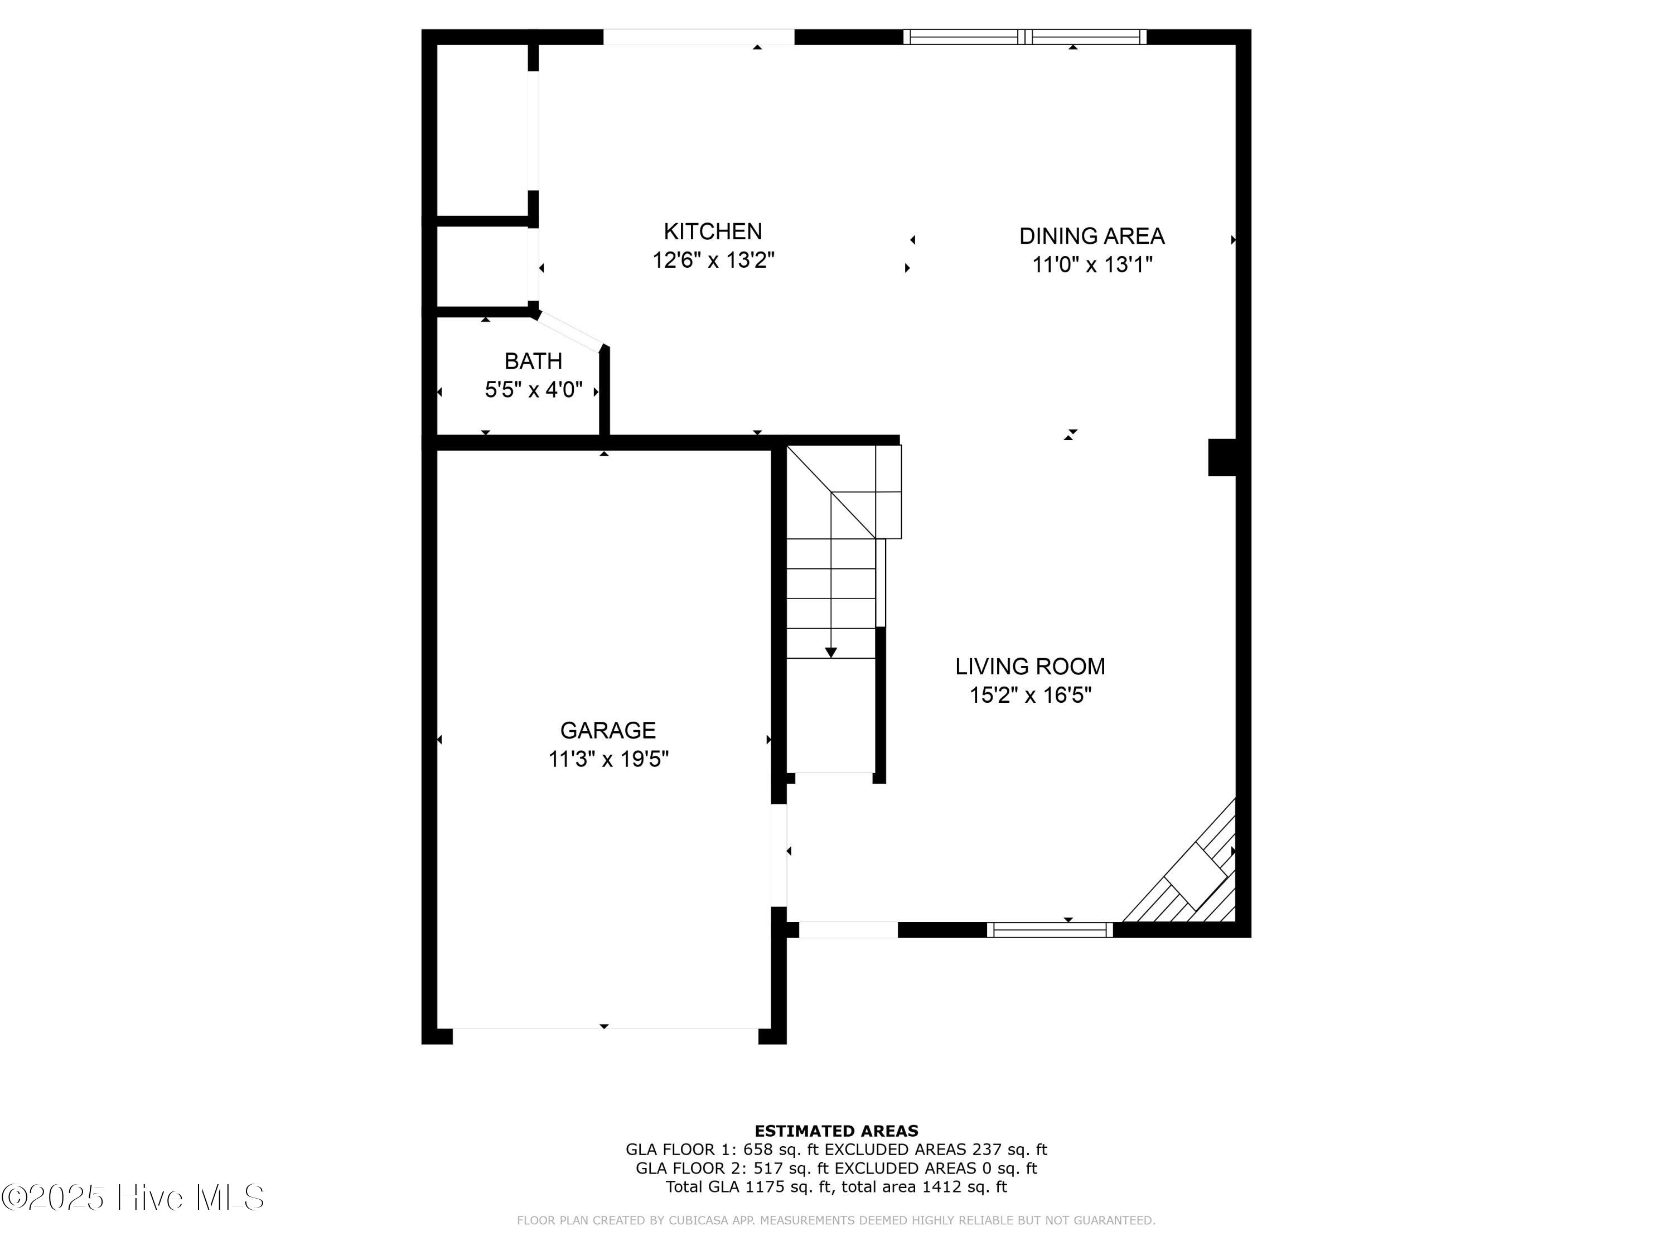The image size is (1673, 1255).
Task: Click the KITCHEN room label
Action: (x=713, y=231)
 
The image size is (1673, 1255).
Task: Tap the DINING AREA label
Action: (x=1091, y=236)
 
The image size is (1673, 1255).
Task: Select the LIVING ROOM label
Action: (x=1030, y=667)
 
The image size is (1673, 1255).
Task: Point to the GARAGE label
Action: (x=608, y=730)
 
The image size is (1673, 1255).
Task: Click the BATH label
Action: (x=533, y=361)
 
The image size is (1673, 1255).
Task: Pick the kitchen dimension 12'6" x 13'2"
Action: (x=713, y=260)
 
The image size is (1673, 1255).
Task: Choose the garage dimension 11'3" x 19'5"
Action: (x=608, y=759)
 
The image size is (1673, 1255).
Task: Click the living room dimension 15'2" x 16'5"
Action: (x=1030, y=695)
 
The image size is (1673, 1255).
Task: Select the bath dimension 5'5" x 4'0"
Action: (x=533, y=389)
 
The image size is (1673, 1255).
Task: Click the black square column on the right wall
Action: (x=1222, y=458)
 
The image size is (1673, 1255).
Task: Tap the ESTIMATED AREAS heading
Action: (x=836, y=1131)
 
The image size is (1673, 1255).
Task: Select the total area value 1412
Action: (x=943, y=1187)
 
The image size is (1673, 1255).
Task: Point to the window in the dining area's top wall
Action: (x=1025, y=37)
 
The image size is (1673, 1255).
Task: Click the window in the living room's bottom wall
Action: (x=1050, y=930)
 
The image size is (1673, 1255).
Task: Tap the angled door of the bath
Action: (x=570, y=330)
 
